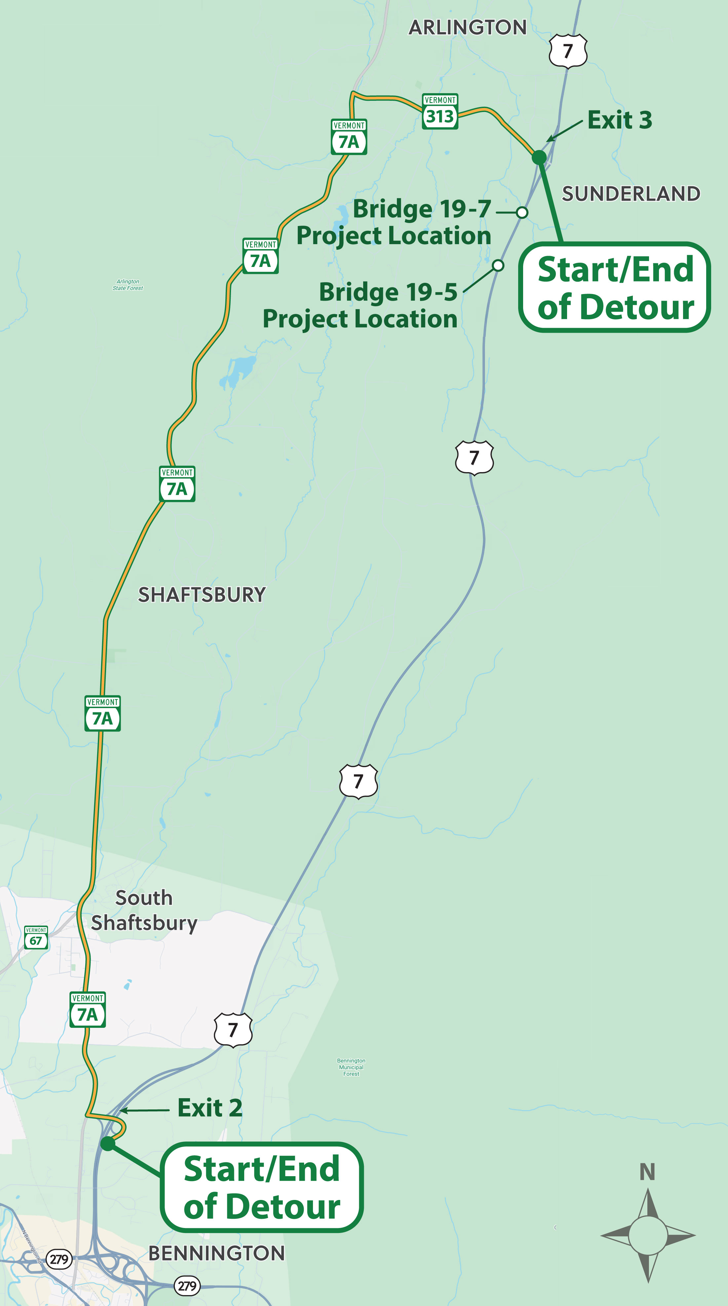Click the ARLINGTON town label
pos(467,27)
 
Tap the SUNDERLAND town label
pos(631,194)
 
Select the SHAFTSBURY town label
pos(202,595)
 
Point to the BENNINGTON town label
pos(216,1253)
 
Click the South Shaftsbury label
pos(144,910)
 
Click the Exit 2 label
pos(210,1108)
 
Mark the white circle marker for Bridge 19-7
pos(522,212)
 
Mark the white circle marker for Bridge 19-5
pos(498,265)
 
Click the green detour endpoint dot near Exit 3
pos(539,157)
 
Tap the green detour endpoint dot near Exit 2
pos(107,1143)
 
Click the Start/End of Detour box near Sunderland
pos(614,287)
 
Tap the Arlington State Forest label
pos(128,285)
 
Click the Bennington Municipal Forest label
pos(351,1067)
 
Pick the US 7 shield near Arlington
pos(568,51)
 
